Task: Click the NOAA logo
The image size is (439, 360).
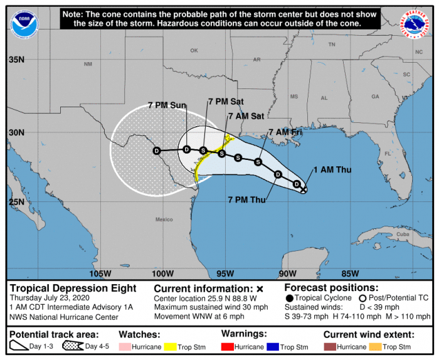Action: point(19,24)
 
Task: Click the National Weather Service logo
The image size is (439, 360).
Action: point(416,23)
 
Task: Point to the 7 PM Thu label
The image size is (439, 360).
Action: point(246,200)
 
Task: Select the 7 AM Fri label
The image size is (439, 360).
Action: point(285,132)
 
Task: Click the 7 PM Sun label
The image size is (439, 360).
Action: point(167,105)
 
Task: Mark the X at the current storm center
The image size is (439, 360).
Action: point(304,189)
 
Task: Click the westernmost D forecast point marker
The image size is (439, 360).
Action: point(157,151)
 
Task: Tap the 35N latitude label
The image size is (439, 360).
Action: point(16,60)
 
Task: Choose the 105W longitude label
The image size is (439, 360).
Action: point(100,273)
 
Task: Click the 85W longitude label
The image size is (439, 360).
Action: point(351,273)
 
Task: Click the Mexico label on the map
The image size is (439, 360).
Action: point(164,220)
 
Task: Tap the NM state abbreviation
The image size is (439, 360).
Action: point(88,64)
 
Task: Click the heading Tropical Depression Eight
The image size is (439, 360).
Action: point(73,289)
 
